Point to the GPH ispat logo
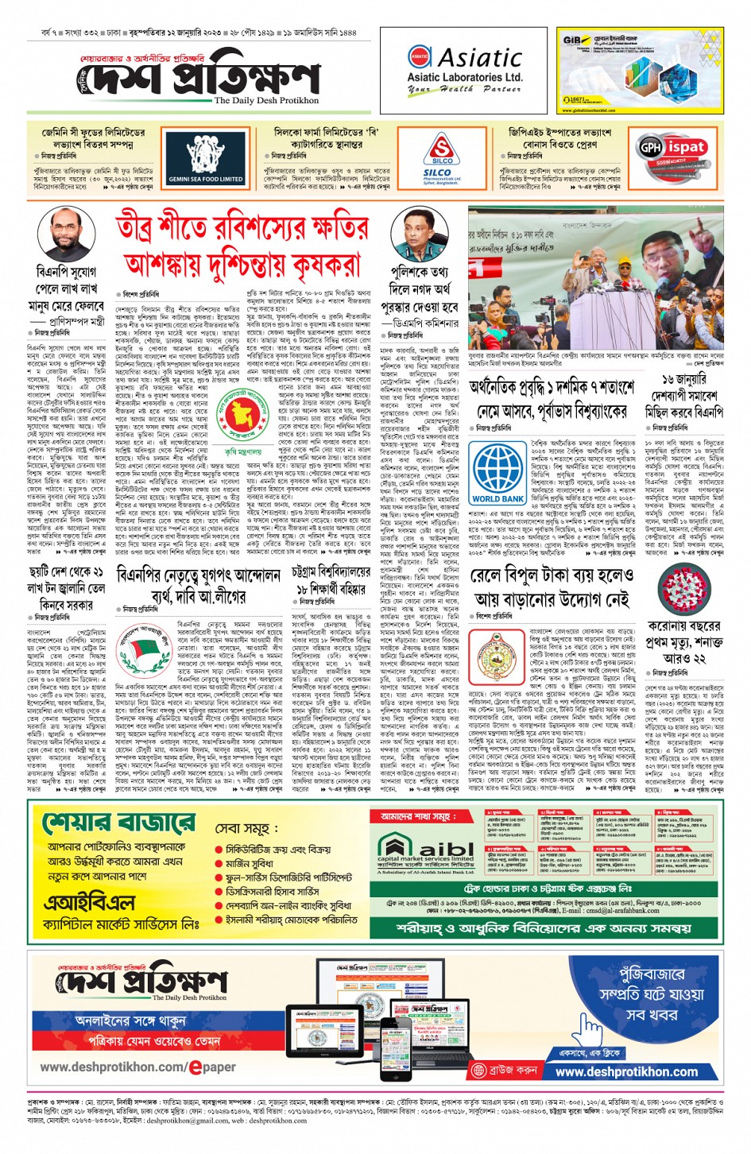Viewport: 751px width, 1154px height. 672,148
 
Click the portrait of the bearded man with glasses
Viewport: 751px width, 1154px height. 66,234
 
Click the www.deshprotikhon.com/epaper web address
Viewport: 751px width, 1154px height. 137,1067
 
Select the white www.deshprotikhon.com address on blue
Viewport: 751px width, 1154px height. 626,1071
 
